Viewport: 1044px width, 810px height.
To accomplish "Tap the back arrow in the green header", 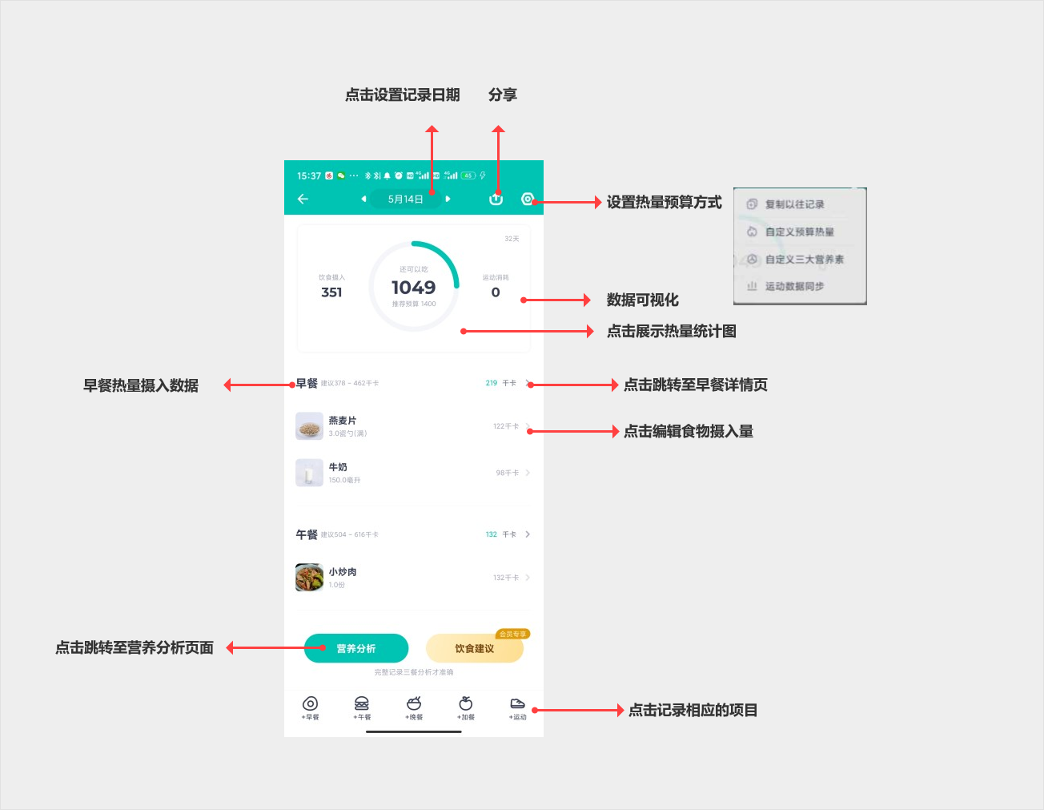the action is pos(303,199).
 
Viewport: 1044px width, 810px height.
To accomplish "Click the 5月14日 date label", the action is pos(405,199).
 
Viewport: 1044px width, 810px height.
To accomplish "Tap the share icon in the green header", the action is pos(496,199).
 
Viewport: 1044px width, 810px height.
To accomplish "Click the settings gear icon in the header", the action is pos(528,199).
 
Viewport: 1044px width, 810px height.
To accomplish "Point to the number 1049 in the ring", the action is pos(413,288).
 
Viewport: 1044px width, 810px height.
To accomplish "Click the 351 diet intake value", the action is pos(331,292).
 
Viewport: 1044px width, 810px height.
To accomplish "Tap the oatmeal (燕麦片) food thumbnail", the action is pos(309,426).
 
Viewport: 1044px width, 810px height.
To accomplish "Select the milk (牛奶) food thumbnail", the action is pos(309,473).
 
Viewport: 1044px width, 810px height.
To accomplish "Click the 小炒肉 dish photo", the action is pos(309,577).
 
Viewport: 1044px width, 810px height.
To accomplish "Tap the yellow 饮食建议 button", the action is pos(474,648).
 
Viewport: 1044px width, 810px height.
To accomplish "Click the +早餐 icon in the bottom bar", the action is pos(311,704).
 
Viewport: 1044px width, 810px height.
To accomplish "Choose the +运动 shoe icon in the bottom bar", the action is pos(518,704).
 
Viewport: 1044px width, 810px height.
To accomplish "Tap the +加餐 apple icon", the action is pos(466,704).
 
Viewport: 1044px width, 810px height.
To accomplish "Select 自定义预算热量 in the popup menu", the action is pos(799,232).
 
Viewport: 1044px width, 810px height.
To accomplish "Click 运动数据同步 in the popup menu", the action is pos(794,286).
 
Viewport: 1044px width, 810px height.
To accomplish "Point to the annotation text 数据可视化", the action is pos(642,300).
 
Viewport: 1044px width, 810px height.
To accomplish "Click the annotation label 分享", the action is pos(503,95).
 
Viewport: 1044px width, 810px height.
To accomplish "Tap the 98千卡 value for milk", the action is pos(507,473).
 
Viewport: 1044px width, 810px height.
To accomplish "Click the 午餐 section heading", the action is pos(307,534).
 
